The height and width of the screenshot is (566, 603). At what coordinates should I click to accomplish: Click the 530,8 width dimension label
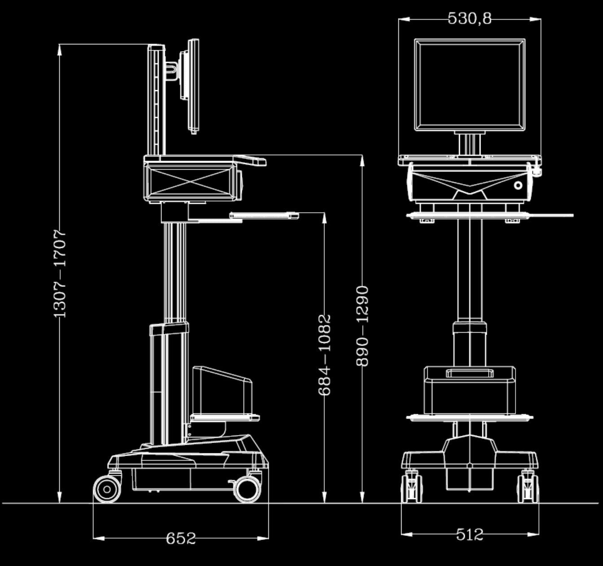pos(470,18)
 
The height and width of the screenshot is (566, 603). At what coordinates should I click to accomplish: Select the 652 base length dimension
pos(181,538)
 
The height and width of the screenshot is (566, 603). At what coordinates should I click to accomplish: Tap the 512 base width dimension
pos(470,534)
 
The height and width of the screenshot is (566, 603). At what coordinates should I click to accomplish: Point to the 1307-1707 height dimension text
pos(60,273)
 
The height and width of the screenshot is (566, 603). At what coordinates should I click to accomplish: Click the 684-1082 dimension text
pos(324,355)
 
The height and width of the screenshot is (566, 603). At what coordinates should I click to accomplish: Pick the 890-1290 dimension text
pos(362,325)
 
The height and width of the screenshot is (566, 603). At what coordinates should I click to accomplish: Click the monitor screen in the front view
pos(469,85)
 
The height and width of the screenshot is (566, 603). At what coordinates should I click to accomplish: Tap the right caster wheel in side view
pos(247,488)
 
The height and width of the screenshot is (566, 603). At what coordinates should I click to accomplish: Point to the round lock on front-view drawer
pos(519,185)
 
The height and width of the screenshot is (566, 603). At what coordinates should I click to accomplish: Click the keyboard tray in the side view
pos(265,215)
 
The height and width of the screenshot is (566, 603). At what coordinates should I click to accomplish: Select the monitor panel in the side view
pos(193,85)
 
